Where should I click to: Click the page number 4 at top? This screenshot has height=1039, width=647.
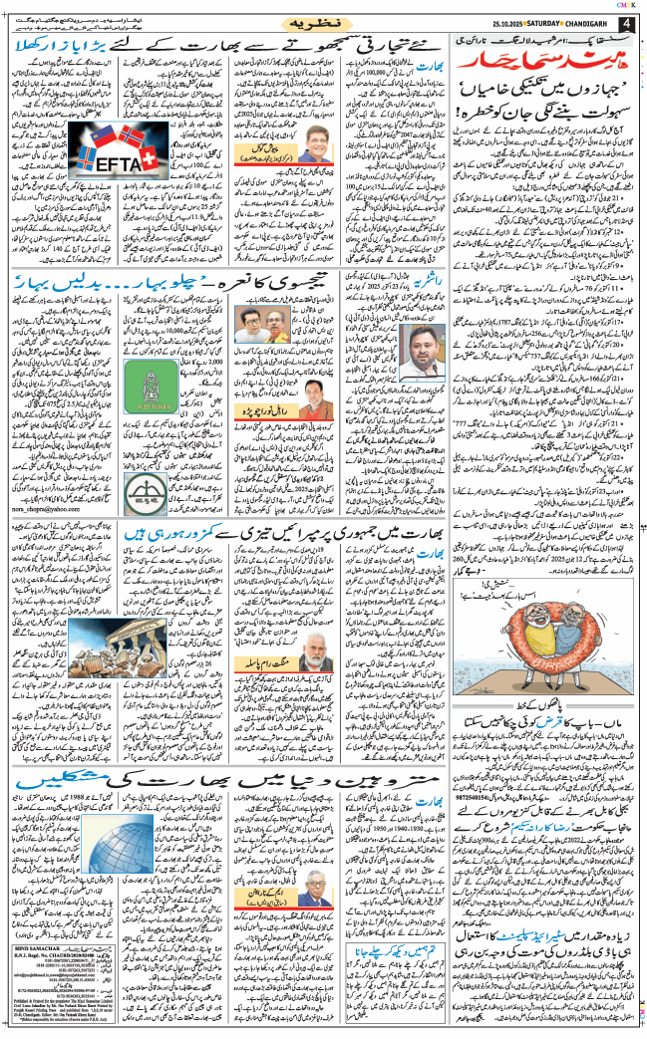(x=625, y=23)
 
